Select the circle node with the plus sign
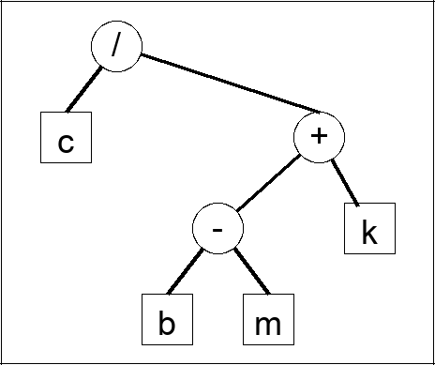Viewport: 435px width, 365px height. tap(320, 138)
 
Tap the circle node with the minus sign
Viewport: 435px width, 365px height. tap(217, 229)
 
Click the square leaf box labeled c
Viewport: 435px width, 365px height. tap(66, 139)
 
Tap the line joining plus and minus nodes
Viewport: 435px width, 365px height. tap(268, 183)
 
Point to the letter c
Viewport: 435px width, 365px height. tap(66, 143)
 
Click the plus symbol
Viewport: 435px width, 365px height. tap(320, 137)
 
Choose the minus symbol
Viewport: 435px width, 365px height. tap(217, 231)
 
